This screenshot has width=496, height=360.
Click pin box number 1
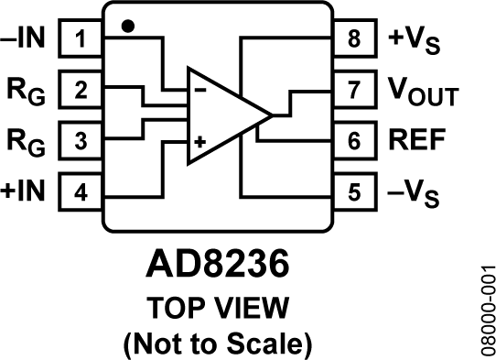[x=81, y=39]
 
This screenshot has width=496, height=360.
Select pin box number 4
[x=81, y=192]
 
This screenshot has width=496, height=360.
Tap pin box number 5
[x=354, y=192]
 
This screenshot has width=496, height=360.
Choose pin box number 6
[x=354, y=142]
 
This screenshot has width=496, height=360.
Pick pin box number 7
[x=354, y=91]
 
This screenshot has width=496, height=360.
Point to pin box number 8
[x=354, y=39]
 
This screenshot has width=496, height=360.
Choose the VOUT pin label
[x=422, y=92]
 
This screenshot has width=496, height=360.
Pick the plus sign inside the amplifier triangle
[x=200, y=144]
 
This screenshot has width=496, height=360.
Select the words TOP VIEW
[x=218, y=305]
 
